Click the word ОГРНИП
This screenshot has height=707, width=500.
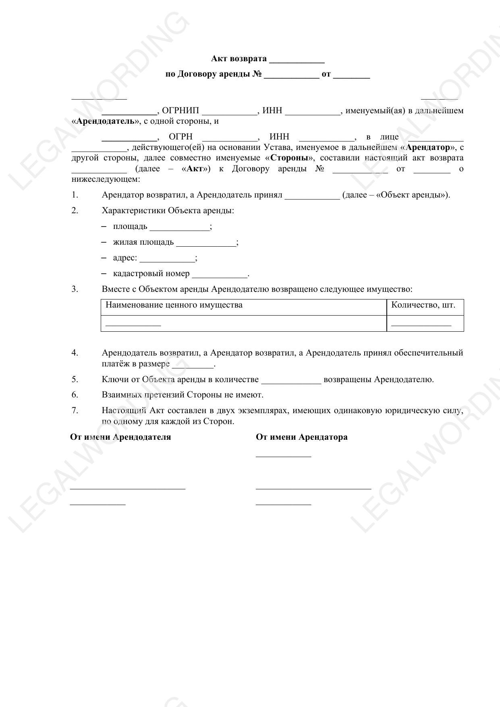180,111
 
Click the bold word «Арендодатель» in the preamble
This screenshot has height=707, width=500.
106,121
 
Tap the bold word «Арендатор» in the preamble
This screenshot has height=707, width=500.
428,148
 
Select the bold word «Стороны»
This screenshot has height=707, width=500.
289,158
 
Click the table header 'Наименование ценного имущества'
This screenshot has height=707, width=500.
174,305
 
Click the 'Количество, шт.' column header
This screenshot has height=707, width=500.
423,305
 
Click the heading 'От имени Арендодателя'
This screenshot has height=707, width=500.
120,437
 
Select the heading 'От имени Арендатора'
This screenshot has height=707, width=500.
301,437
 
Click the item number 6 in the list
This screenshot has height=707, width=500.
75,395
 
